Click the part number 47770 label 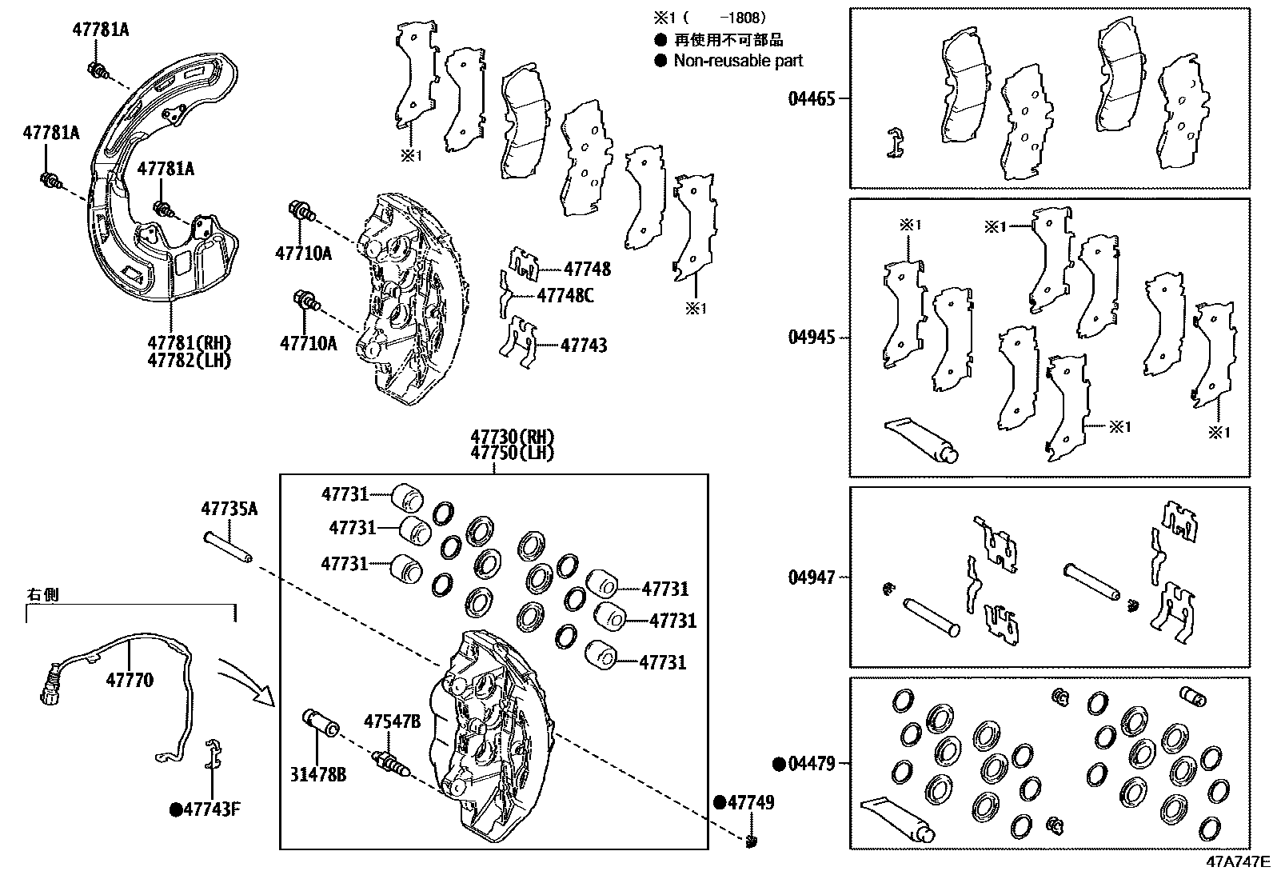[x=130, y=681]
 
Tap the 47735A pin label [x=229, y=509]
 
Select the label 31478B [x=318, y=774]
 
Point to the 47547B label [x=392, y=721]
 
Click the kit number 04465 [x=811, y=99]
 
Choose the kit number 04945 [x=811, y=337]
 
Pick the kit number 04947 [x=811, y=577]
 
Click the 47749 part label [x=750, y=802]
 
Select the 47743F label [x=212, y=809]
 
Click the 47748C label [x=565, y=296]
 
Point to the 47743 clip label [x=583, y=346]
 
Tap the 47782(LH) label [x=189, y=360]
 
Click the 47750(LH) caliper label [x=512, y=453]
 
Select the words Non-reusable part [x=737, y=61]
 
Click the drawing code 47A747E [x=1238, y=862]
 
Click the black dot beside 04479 [x=779, y=764]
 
